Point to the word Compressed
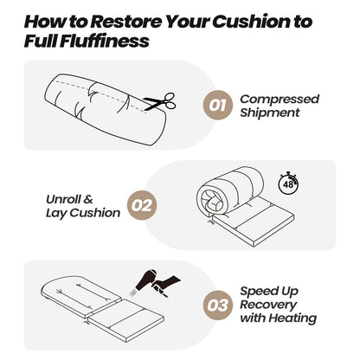[279, 99]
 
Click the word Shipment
[270, 113]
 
